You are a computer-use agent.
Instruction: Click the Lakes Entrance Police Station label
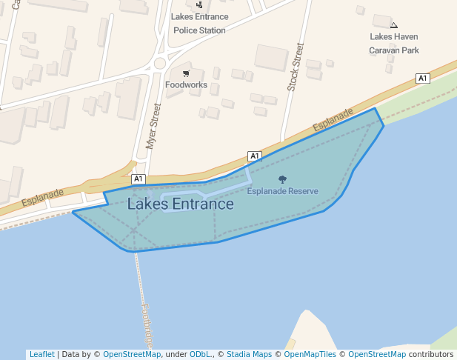click(x=199, y=23)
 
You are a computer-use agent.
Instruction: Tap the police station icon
click(x=199, y=4)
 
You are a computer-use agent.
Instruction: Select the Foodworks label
click(x=186, y=85)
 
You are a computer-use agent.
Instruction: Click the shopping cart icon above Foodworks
click(x=186, y=73)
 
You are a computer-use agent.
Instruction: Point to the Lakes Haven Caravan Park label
click(x=394, y=44)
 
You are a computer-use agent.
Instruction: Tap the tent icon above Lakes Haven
click(x=393, y=25)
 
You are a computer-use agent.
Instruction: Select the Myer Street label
click(x=154, y=127)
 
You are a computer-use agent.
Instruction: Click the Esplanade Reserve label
click(x=282, y=191)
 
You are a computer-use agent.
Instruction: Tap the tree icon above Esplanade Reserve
click(x=282, y=179)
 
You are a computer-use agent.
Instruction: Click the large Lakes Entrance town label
click(x=180, y=204)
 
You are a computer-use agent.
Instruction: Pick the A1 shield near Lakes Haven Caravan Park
click(x=423, y=79)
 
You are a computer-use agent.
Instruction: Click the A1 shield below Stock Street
click(x=255, y=156)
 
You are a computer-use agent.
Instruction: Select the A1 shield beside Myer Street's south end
click(x=139, y=179)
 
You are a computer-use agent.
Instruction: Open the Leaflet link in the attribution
click(x=41, y=354)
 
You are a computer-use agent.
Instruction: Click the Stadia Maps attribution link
click(x=249, y=354)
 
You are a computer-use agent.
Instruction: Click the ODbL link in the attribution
click(x=201, y=354)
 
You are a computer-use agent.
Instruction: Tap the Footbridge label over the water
click(x=147, y=326)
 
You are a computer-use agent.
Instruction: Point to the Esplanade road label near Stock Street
click(x=333, y=120)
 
